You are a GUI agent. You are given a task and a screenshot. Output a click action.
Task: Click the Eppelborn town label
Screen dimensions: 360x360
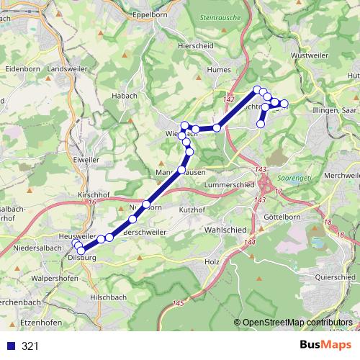tap(150, 14)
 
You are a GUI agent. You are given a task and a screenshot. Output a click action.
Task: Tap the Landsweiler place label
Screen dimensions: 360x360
tap(66, 68)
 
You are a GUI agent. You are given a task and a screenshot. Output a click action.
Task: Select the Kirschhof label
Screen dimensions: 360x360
tap(92, 195)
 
